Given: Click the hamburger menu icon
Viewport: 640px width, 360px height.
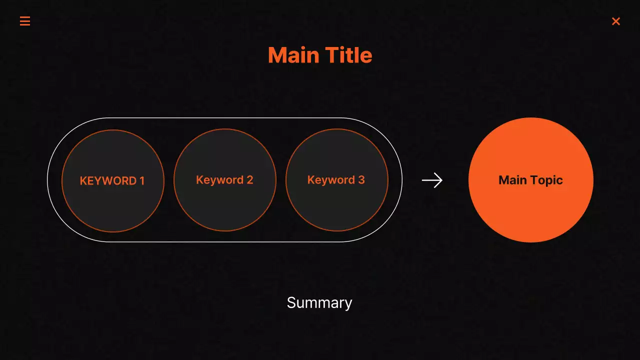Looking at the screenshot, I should tap(25, 21).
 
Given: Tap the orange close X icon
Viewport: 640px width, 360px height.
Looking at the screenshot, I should tap(616, 21).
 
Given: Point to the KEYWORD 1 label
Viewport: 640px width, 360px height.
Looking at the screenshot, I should tap(112, 181).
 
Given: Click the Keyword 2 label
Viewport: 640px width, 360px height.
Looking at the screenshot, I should tap(224, 180).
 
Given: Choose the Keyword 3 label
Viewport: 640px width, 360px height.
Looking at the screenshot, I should tap(336, 180).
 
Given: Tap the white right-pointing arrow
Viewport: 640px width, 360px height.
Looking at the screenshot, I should tap(432, 180).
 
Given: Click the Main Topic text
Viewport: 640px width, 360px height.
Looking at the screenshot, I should tap(530, 180).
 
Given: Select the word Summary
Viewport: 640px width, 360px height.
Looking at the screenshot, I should tap(319, 303).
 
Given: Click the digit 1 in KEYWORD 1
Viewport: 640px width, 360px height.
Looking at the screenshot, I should tap(142, 181).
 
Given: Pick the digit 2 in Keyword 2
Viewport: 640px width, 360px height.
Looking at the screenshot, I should tap(250, 180).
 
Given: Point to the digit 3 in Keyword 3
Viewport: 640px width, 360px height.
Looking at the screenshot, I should tap(361, 180).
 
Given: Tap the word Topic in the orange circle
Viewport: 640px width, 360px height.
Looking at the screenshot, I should tap(547, 180).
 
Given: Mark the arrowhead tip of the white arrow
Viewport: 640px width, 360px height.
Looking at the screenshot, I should tap(441, 180).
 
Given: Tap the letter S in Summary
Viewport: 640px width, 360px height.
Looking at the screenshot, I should tap(291, 303).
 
